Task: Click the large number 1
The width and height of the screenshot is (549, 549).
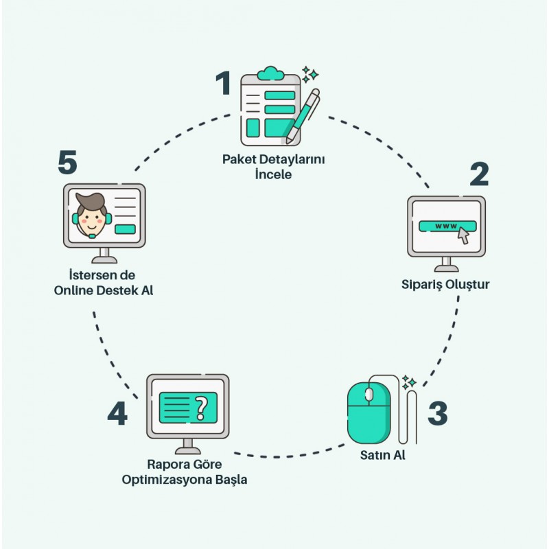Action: click(x=224, y=84)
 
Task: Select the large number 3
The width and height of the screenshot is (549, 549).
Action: click(x=438, y=412)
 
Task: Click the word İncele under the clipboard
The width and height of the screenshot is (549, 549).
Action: click(x=273, y=174)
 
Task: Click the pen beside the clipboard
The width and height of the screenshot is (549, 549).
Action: click(x=302, y=117)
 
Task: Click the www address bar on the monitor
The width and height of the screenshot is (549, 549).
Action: click(x=446, y=226)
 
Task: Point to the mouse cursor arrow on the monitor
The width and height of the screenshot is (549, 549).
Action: click(x=464, y=236)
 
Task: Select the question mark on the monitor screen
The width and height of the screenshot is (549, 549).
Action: click(x=201, y=408)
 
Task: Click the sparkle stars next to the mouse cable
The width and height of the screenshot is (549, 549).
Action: click(x=410, y=382)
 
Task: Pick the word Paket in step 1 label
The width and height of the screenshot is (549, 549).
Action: click(x=237, y=160)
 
